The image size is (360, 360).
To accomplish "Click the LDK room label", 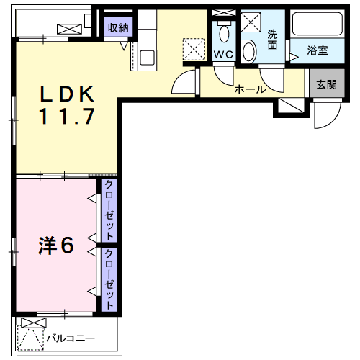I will [x=67, y=94].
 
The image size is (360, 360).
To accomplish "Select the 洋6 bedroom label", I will [x=56, y=246].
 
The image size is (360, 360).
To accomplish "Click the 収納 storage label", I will [x=117, y=28].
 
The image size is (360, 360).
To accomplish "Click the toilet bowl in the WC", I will [x=223, y=33].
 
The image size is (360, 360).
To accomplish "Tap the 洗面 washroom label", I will [x=273, y=40].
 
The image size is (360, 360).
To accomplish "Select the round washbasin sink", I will [x=248, y=51].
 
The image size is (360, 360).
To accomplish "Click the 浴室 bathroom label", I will [x=318, y=51].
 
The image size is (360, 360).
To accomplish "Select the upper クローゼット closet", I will [x=109, y=211].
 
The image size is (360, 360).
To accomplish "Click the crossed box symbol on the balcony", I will [x=30, y=323].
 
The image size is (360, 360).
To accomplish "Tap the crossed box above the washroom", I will [x=252, y=21].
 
